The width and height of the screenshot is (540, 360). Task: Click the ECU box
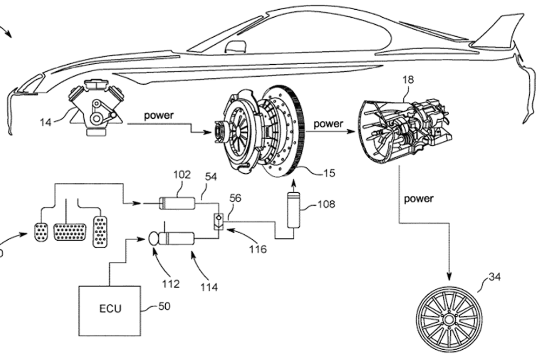[110, 309]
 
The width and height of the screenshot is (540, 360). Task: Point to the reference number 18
[408, 80]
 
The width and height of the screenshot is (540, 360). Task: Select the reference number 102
[182, 174]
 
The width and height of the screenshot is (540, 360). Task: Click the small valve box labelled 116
[218, 220]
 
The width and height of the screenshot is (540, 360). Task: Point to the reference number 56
[235, 198]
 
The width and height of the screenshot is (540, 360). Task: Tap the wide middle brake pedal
[69, 233]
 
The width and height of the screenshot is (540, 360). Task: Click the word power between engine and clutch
[159, 116]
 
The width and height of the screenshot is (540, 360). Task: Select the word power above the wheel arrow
[418, 199]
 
